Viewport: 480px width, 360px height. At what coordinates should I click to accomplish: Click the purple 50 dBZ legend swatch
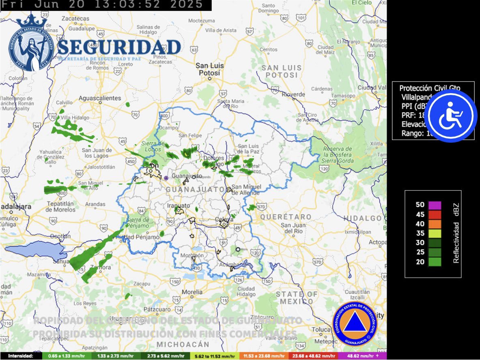coord(435,205)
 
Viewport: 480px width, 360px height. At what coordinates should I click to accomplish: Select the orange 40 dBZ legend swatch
coord(435,224)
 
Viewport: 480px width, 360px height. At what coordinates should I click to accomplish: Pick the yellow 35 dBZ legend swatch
coord(435,233)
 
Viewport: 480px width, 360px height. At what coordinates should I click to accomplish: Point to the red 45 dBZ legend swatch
coord(435,214)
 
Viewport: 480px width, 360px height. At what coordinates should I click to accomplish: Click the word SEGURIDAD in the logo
coord(119,47)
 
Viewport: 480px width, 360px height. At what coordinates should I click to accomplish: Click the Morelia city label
coord(192,292)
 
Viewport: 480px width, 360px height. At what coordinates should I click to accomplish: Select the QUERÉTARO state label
coord(286,217)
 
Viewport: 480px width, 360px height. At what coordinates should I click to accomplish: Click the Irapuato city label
coord(179,206)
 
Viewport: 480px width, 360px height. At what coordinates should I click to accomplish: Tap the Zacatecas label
coord(75,19)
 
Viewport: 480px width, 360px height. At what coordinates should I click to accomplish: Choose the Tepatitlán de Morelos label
coord(60,207)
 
